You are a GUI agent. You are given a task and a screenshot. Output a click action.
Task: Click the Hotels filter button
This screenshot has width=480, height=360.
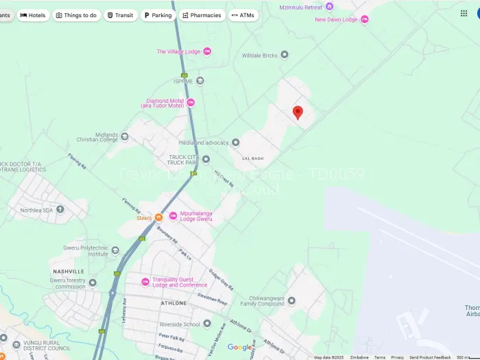[x=33, y=15]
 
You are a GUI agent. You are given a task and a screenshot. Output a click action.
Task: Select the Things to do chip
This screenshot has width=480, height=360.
[x=76, y=15]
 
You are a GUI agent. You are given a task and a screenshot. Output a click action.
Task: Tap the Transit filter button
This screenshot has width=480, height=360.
[x=121, y=15]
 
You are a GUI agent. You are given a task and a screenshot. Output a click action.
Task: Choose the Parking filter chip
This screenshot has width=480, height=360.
[x=158, y=15]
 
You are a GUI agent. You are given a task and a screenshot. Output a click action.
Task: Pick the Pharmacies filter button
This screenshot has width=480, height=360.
[x=202, y=15]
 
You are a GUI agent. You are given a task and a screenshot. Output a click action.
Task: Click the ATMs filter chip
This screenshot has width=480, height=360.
[x=243, y=15]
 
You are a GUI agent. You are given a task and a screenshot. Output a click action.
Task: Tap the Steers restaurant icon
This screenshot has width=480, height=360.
[x=158, y=218]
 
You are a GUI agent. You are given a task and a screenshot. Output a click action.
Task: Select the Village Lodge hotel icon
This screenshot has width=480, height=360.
[x=207, y=51]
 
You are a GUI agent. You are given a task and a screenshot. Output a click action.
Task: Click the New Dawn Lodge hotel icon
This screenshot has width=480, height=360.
[x=365, y=19]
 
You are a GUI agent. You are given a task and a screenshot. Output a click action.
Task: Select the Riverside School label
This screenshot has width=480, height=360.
[x=180, y=324]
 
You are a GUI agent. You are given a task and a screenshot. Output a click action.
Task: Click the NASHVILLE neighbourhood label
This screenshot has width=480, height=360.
[x=68, y=272]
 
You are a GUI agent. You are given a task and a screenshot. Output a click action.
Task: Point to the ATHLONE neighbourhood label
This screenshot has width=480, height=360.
[x=173, y=302]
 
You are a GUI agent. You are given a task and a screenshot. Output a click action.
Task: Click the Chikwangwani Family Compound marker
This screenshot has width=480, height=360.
[x=291, y=301]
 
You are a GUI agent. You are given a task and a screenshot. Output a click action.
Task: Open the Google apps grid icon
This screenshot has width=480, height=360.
[x=464, y=13]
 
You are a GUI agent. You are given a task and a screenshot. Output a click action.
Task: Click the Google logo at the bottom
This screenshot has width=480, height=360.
[x=240, y=348]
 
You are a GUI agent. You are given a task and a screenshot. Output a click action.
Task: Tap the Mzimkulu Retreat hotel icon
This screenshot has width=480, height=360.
[x=329, y=7]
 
